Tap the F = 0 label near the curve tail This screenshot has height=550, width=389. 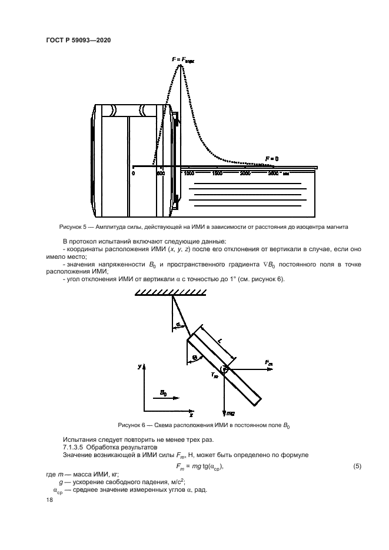[271, 159]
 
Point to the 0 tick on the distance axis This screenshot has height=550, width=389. [134, 174]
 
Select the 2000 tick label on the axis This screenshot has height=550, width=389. [245, 174]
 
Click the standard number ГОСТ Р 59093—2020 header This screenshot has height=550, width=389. [79, 39]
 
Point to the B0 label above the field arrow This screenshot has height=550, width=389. [164, 392]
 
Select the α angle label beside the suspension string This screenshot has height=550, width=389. [178, 324]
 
